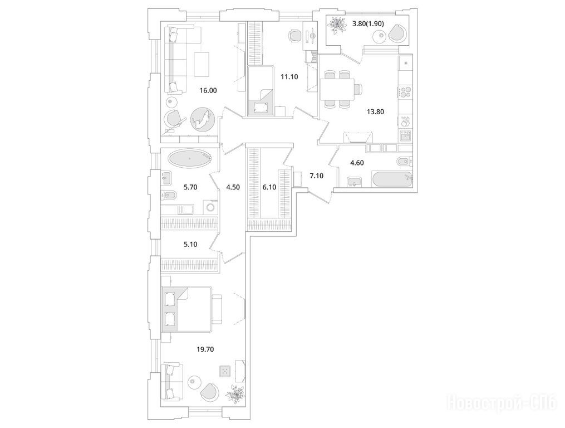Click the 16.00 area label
click(208, 91)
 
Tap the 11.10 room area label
click(289, 76)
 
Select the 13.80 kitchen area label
click(375, 112)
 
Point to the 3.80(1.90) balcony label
click(368, 24)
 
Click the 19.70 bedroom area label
click(205, 349)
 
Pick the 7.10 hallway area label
click(317, 176)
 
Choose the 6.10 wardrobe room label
click(269, 187)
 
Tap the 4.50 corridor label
click(233, 187)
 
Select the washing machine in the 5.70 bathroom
click(211, 207)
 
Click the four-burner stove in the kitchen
click(405, 91)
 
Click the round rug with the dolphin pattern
click(202, 120)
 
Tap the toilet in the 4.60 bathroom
click(404, 161)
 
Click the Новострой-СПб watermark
click(501, 402)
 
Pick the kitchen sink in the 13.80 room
click(405, 137)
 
